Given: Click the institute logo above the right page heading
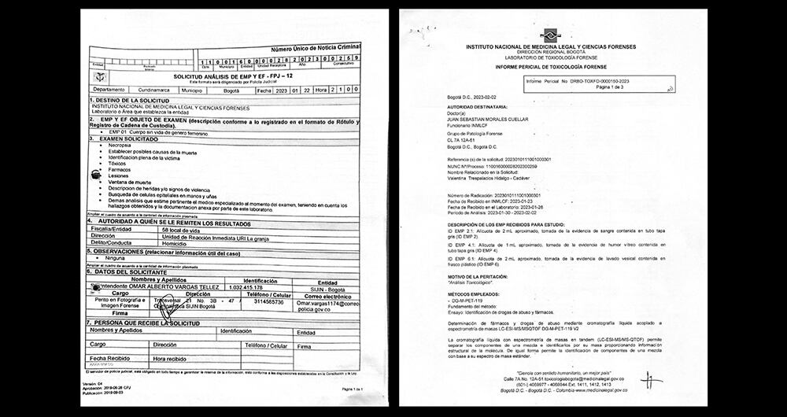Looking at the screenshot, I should (x=549, y=34).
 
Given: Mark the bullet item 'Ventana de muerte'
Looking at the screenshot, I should (x=130, y=182).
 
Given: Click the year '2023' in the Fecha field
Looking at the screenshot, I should (x=283, y=90).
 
